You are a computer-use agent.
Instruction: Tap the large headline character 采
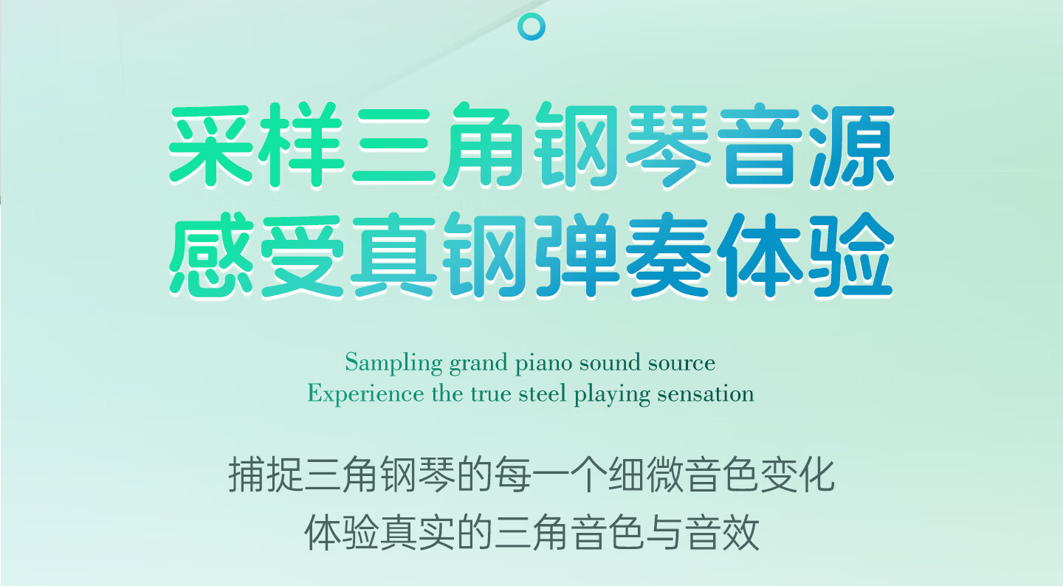[211, 145]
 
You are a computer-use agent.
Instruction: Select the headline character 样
[303, 145]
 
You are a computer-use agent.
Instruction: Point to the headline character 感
[211, 255]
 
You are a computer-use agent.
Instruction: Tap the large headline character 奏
[668, 255]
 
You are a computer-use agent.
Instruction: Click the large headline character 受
[303, 255]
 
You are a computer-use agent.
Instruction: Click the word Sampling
[393, 364]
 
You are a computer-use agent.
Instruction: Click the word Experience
[366, 395]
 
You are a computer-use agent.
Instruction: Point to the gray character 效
[741, 532]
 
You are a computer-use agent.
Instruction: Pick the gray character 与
[665, 532]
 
